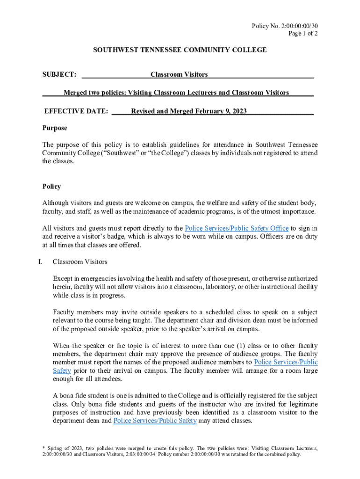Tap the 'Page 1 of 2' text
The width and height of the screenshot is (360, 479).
pyautogui.click(x=304, y=33)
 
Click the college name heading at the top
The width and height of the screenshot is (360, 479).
pyautogui.click(x=180, y=50)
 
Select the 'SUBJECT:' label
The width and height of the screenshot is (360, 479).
pyautogui.click(x=60, y=74)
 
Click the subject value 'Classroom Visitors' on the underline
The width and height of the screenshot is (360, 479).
pyautogui.click(x=179, y=74)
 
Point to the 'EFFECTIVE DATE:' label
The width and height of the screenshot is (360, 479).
pyautogui.click(x=76, y=111)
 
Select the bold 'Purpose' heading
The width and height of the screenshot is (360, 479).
pyautogui.click(x=55, y=128)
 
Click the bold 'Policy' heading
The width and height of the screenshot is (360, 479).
pyautogui.click(x=51, y=186)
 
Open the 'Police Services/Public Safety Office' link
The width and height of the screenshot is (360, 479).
pyautogui.click(x=237, y=228)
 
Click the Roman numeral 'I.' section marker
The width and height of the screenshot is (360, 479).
pyautogui.click(x=41, y=262)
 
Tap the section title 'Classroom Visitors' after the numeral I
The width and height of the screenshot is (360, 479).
pyautogui.click(x=80, y=262)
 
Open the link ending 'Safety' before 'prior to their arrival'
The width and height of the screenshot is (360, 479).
pyautogui.click(x=62, y=370)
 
